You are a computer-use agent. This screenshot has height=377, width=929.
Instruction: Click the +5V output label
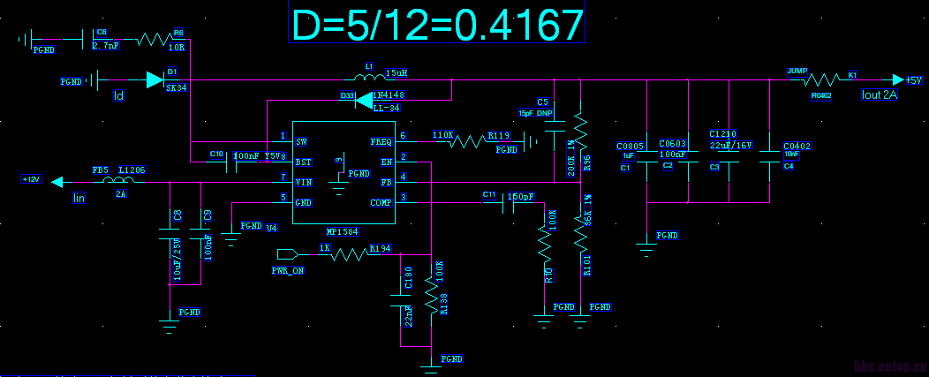[911, 80]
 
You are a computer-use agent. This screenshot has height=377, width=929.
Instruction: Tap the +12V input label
[32, 179]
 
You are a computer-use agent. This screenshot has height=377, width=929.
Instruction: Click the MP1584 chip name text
[342, 231]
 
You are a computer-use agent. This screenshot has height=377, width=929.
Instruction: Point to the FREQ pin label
[381, 141]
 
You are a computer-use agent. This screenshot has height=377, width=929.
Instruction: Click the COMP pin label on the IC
[381, 202]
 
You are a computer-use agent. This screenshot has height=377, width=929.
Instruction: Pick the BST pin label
[303, 162]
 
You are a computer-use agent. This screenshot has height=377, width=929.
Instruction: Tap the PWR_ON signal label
[288, 271]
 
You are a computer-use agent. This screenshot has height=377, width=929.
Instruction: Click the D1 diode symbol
[155, 81]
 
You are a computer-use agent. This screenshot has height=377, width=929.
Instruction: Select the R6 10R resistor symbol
[151, 40]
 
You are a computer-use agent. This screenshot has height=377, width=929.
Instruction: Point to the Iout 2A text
[880, 95]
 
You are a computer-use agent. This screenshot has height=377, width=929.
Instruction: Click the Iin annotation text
[79, 199]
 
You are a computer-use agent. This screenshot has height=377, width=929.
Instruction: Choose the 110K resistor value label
[442, 135]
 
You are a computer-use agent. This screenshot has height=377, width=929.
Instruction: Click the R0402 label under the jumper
[821, 96]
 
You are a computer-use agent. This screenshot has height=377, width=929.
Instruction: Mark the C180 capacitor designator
[408, 279]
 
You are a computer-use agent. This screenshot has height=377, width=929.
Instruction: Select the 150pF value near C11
[521, 196]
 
